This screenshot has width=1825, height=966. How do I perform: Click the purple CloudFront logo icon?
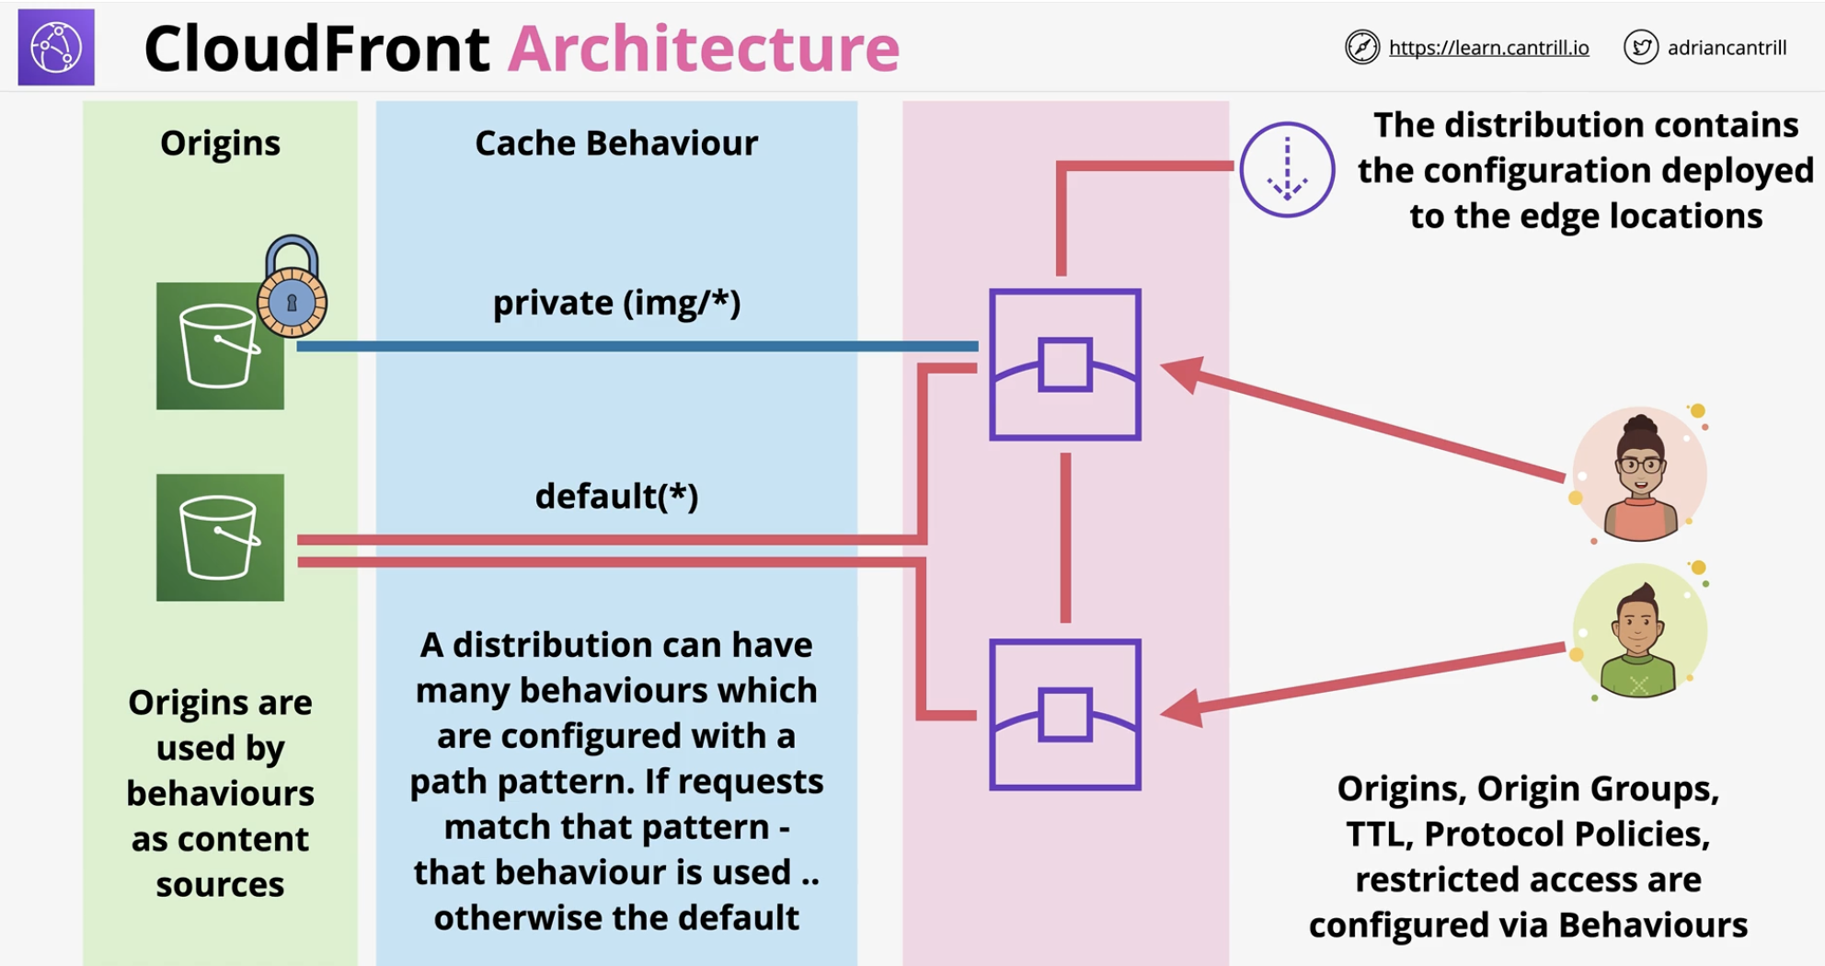(x=56, y=47)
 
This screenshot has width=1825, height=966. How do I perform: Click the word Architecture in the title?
(x=704, y=48)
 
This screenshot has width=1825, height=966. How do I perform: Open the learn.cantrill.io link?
(x=1488, y=48)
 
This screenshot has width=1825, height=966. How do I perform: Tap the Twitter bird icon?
(x=1640, y=47)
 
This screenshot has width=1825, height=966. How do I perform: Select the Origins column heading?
(x=220, y=144)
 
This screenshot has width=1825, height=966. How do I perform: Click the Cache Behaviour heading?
(x=616, y=144)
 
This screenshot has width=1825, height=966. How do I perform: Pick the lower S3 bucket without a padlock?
(x=220, y=537)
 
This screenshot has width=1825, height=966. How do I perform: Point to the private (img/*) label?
(x=616, y=303)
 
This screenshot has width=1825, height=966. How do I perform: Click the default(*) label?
(x=616, y=496)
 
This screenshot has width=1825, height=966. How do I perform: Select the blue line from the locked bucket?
(x=637, y=346)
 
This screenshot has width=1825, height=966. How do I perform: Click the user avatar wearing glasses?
(x=1639, y=475)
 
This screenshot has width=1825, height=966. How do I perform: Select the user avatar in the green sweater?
(x=1639, y=631)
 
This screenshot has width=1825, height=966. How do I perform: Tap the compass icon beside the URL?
(x=1362, y=47)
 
